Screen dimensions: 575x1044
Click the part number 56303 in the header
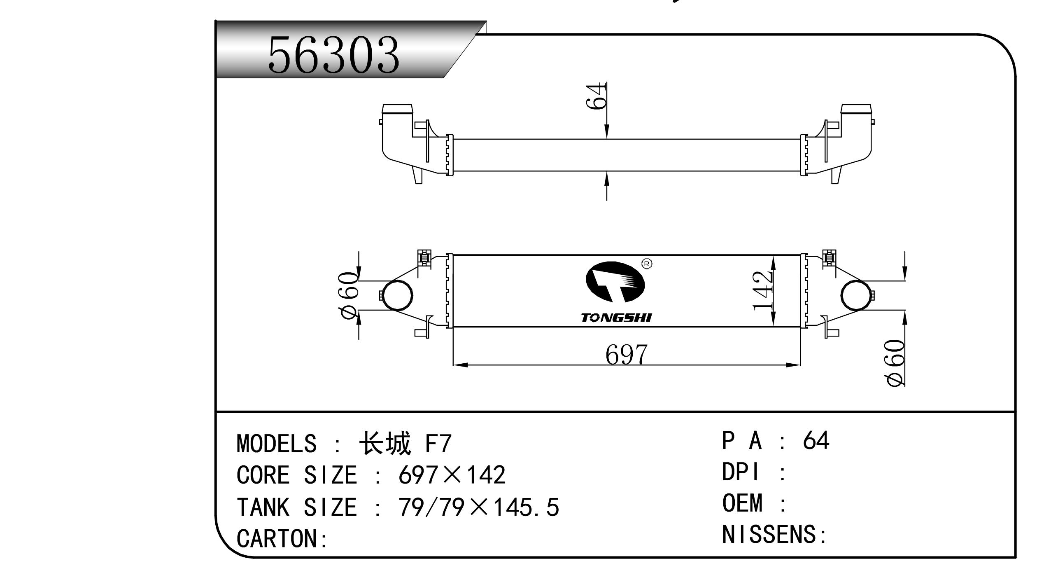click(333, 55)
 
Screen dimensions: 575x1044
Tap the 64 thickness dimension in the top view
click(597, 96)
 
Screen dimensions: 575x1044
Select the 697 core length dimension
click(626, 355)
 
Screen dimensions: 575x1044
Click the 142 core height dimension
click(763, 290)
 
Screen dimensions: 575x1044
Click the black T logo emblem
click(615, 282)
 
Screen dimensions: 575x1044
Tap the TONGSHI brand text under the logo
click(616, 318)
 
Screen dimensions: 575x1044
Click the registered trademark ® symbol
click(647, 264)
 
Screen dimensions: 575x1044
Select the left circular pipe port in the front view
click(398, 295)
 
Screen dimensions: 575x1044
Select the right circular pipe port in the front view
click(856, 295)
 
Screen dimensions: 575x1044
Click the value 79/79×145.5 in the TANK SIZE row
click(478, 507)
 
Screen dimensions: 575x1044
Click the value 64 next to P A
click(816, 440)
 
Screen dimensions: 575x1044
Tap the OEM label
click(742, 503)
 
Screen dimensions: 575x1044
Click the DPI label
click(740, 472)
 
